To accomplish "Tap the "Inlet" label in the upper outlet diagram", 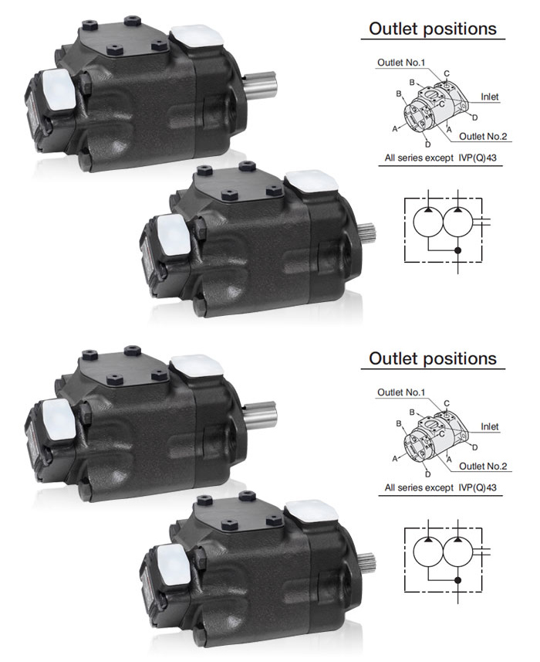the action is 489,97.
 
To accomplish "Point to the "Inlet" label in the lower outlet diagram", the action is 489,426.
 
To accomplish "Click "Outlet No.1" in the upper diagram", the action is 401,63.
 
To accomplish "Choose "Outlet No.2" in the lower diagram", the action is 483,466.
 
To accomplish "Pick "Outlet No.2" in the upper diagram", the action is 483,137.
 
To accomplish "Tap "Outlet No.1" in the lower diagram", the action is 401,392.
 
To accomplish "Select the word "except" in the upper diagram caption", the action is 439,158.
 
